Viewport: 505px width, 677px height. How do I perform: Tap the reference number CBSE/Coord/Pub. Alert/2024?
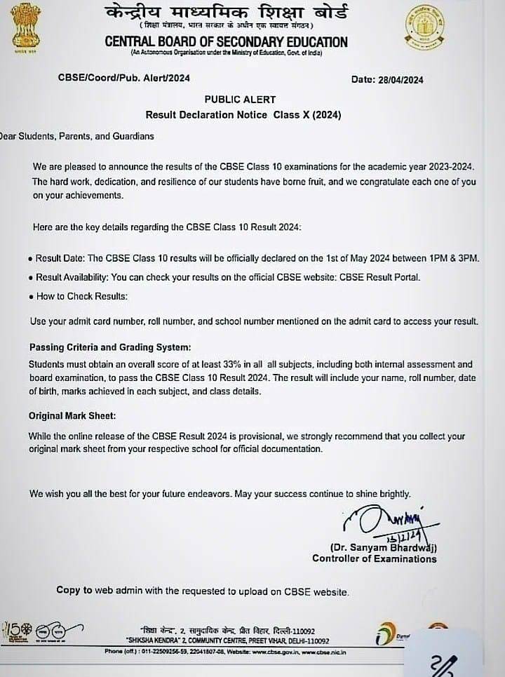pos(123,79)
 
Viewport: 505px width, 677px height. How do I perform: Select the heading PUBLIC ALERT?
pos(240,100)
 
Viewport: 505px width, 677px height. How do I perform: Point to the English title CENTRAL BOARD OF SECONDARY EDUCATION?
pos(226,42)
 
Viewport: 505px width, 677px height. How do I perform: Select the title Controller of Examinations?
pos(374,558)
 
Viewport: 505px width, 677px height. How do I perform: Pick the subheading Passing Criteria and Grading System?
pos(109,348)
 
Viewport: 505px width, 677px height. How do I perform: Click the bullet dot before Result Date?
pos(31,259)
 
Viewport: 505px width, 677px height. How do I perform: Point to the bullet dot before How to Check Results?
pos(31,297)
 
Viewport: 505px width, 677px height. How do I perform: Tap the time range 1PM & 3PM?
pos(452,259)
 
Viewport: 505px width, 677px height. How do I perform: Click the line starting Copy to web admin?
pos(202,591)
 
